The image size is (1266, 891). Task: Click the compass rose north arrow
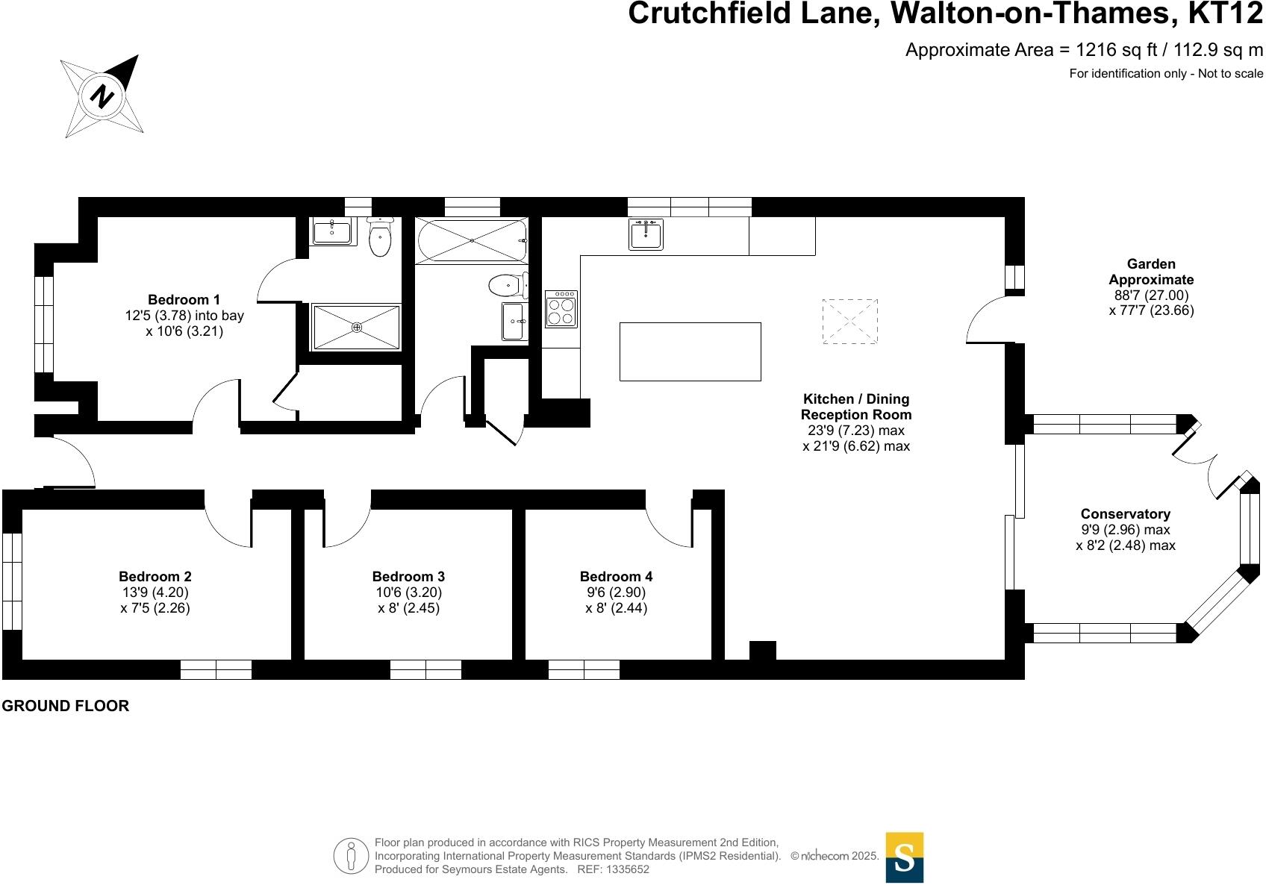tap(102, 96)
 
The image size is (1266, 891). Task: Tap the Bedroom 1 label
tap(184, 300)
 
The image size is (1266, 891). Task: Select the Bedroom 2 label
tap(155, 576)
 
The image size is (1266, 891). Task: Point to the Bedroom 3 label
tap(408, 576)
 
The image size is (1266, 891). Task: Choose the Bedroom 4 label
tap(616, 576)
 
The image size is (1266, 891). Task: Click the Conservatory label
tap(1125, 513)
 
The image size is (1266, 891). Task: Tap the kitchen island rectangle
tap(690, 351)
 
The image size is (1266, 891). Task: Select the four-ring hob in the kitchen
tap(561, 309)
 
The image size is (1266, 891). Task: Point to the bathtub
tap(472, 240)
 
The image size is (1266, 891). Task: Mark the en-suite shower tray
tap(356, 327)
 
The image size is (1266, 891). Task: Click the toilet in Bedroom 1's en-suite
tap(380, 237)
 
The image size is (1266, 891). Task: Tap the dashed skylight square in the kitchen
tap(849, 322)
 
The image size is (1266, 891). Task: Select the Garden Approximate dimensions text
tap(1151, 287)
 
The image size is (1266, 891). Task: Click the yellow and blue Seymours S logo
tap(904, 857)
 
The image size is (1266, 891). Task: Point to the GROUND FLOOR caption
tap(65, 706)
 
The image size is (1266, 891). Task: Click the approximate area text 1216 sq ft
tap(1084, 50)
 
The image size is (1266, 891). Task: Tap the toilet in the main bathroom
tap(507, 284)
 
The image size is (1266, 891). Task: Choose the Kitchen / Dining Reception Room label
tap(855, 407)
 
